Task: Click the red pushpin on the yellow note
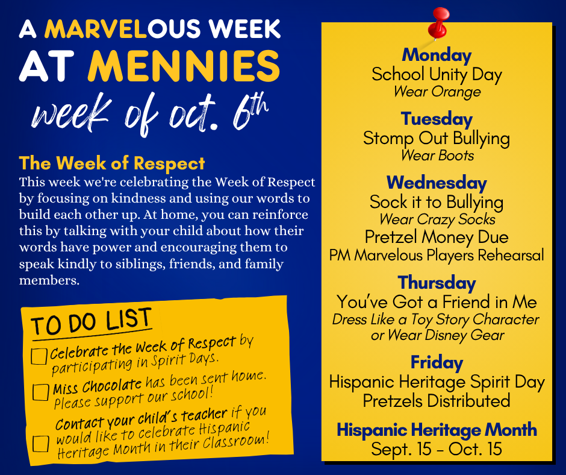[438, 23]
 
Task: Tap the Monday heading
[437, 55]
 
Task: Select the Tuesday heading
[437, 119]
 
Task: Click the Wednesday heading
[437, 183]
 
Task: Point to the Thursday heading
[437, 283]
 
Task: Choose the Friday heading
[437, 362]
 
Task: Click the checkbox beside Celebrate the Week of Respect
[39, 356]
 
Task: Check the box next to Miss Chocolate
[40, 392]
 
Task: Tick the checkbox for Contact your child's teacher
[40, 444]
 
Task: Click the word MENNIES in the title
[184, 66]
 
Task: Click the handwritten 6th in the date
[250, 113]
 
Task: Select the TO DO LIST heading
[92, 322]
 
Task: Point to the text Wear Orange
[437, 92]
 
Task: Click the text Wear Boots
[437, 156]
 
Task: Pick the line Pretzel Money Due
[437, 237]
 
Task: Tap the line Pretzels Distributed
[437, 401]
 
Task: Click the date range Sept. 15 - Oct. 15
[437, 449]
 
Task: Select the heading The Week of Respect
[112, 163]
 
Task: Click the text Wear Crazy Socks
[437, 219]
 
